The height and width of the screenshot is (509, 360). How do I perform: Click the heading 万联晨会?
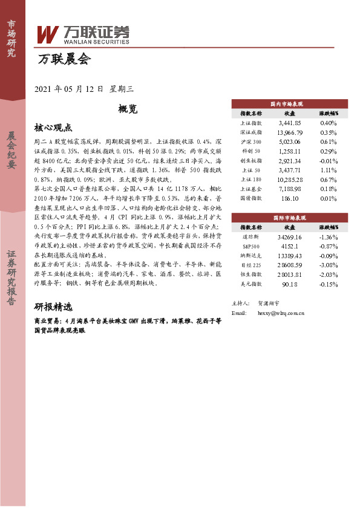pyautogui.click(x=64, y=59)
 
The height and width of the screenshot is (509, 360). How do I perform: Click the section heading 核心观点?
pyautogui.click(x=53, y=128)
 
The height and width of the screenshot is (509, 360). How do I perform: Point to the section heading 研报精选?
pyautogui.click(x=53, y=306)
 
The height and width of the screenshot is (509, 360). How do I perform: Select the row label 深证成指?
pyautogui.click(x=251, y=132)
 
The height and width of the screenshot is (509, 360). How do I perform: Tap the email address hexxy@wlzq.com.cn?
pyautogui.click(x=280, y=314)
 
